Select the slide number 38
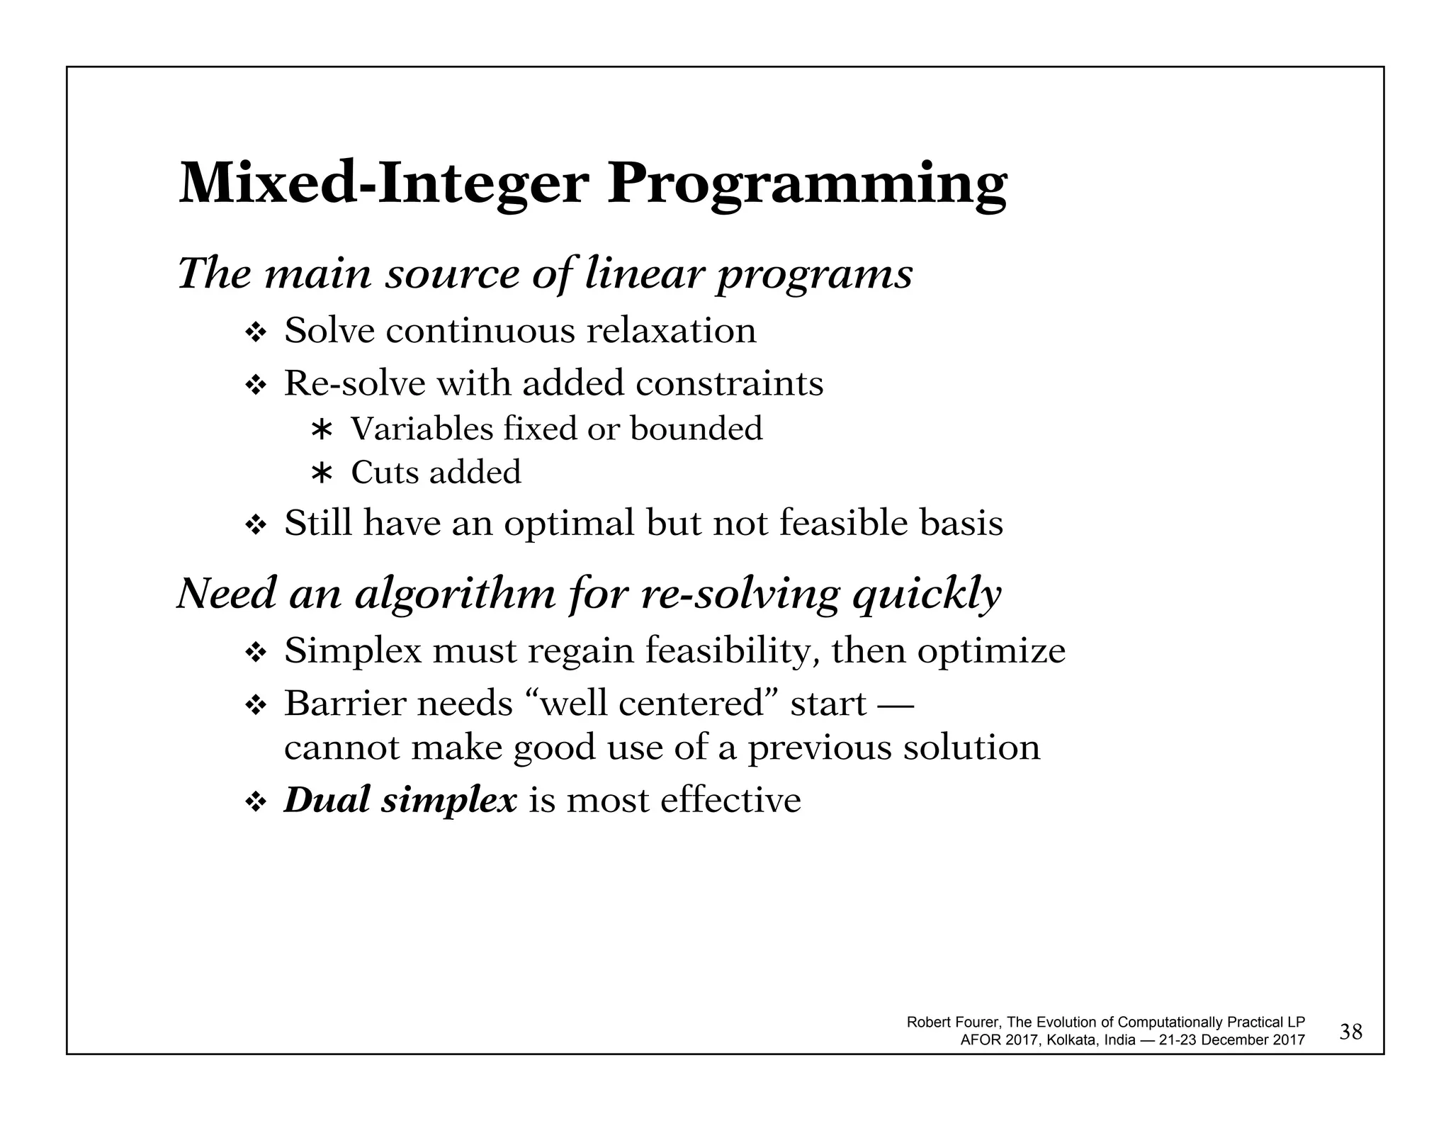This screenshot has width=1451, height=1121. (1351, 1032)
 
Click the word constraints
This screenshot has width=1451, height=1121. (729, 384)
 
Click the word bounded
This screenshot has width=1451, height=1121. (696, 429)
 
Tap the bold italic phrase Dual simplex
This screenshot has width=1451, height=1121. (400, 801)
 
